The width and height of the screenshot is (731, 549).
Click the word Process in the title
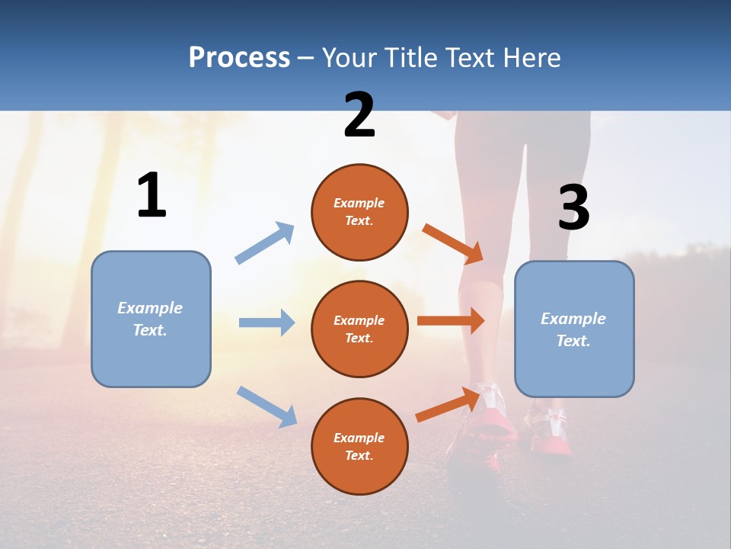(239, 58)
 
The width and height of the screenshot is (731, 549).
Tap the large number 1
(152, 196)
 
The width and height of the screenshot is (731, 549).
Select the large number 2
(359, 115)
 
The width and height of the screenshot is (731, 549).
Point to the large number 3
(573, 208)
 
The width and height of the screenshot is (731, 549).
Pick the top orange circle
(359, 212)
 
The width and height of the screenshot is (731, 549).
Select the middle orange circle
(359, 329)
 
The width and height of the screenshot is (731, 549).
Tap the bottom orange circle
(359, 446)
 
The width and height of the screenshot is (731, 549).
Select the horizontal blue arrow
(267, 323)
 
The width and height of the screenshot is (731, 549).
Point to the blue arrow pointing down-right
(267, 406)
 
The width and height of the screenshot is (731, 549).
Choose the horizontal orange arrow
(450, 321)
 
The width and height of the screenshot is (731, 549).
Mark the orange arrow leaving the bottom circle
(448, 405)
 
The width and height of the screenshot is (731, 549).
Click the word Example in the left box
(150, 308)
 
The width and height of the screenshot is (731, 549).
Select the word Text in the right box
(572, 341)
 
